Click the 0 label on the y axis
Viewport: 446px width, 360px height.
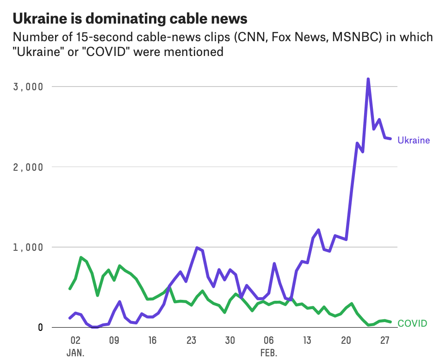(x=40, y=327)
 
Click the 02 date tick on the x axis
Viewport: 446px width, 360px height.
(x=75, y=341)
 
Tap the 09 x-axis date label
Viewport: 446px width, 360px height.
(x=114, y=341)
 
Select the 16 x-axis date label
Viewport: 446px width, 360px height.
(x=152, y=341)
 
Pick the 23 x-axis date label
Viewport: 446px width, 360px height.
(x=191, y=341)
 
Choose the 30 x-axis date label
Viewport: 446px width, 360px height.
(x=230, y=341)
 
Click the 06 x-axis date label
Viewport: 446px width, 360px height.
(x=269, y=341)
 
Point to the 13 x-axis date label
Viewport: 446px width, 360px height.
(x=307, y=341)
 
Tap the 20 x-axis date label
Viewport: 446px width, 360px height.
(x=346, y=341)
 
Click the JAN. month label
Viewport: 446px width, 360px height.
(x=75, y=353)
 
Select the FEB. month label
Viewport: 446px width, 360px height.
(x=269, y=353)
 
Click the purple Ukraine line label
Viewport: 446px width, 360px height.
(x=414, y=140)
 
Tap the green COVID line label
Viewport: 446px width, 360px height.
(x=412, y=323)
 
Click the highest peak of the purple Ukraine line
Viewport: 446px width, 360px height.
(x=368, y=80)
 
